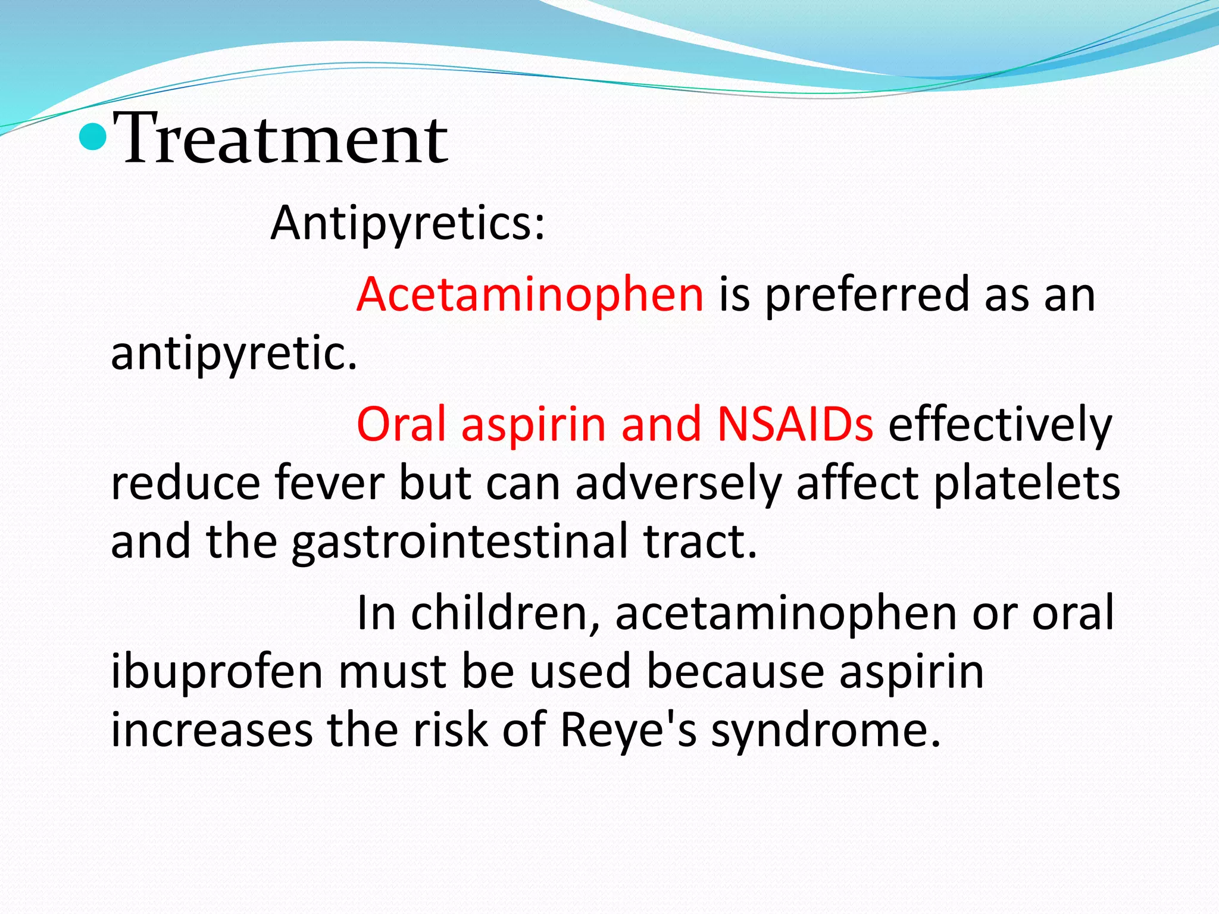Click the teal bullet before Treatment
(x=93, y=137)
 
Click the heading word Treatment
(x=280, y=139)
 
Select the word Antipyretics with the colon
(x=408, y=224)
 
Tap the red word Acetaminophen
(x=530, y=295)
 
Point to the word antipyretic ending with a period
(x=234, y=353)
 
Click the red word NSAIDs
(x=795, y=424)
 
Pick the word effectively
(x=1000, y=424)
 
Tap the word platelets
(x=1027, y=483)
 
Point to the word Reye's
(x=629, y=731)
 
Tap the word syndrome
(x=826, y=731)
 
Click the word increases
(x=212, y=731)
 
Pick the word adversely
(x=679, y=483)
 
